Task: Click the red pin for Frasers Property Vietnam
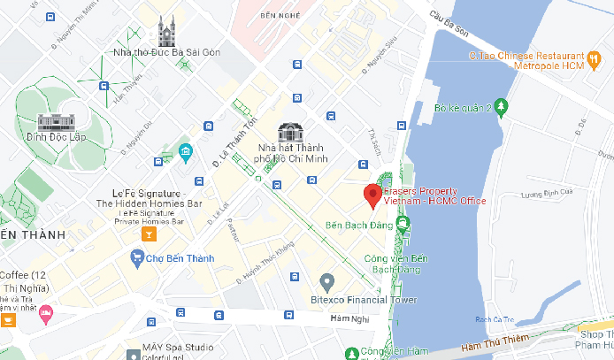click(373, 195)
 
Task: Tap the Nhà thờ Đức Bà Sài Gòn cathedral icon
click(166, 34)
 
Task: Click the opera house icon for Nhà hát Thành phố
click(290, 133)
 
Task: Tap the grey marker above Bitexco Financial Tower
click(326, 283)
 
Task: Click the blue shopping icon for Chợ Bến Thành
click(137, 258)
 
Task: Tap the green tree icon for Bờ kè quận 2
click(503, 108)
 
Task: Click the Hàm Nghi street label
click(347, 318)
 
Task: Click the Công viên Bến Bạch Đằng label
click(396, 263)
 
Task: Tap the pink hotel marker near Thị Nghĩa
click(46, 312)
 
